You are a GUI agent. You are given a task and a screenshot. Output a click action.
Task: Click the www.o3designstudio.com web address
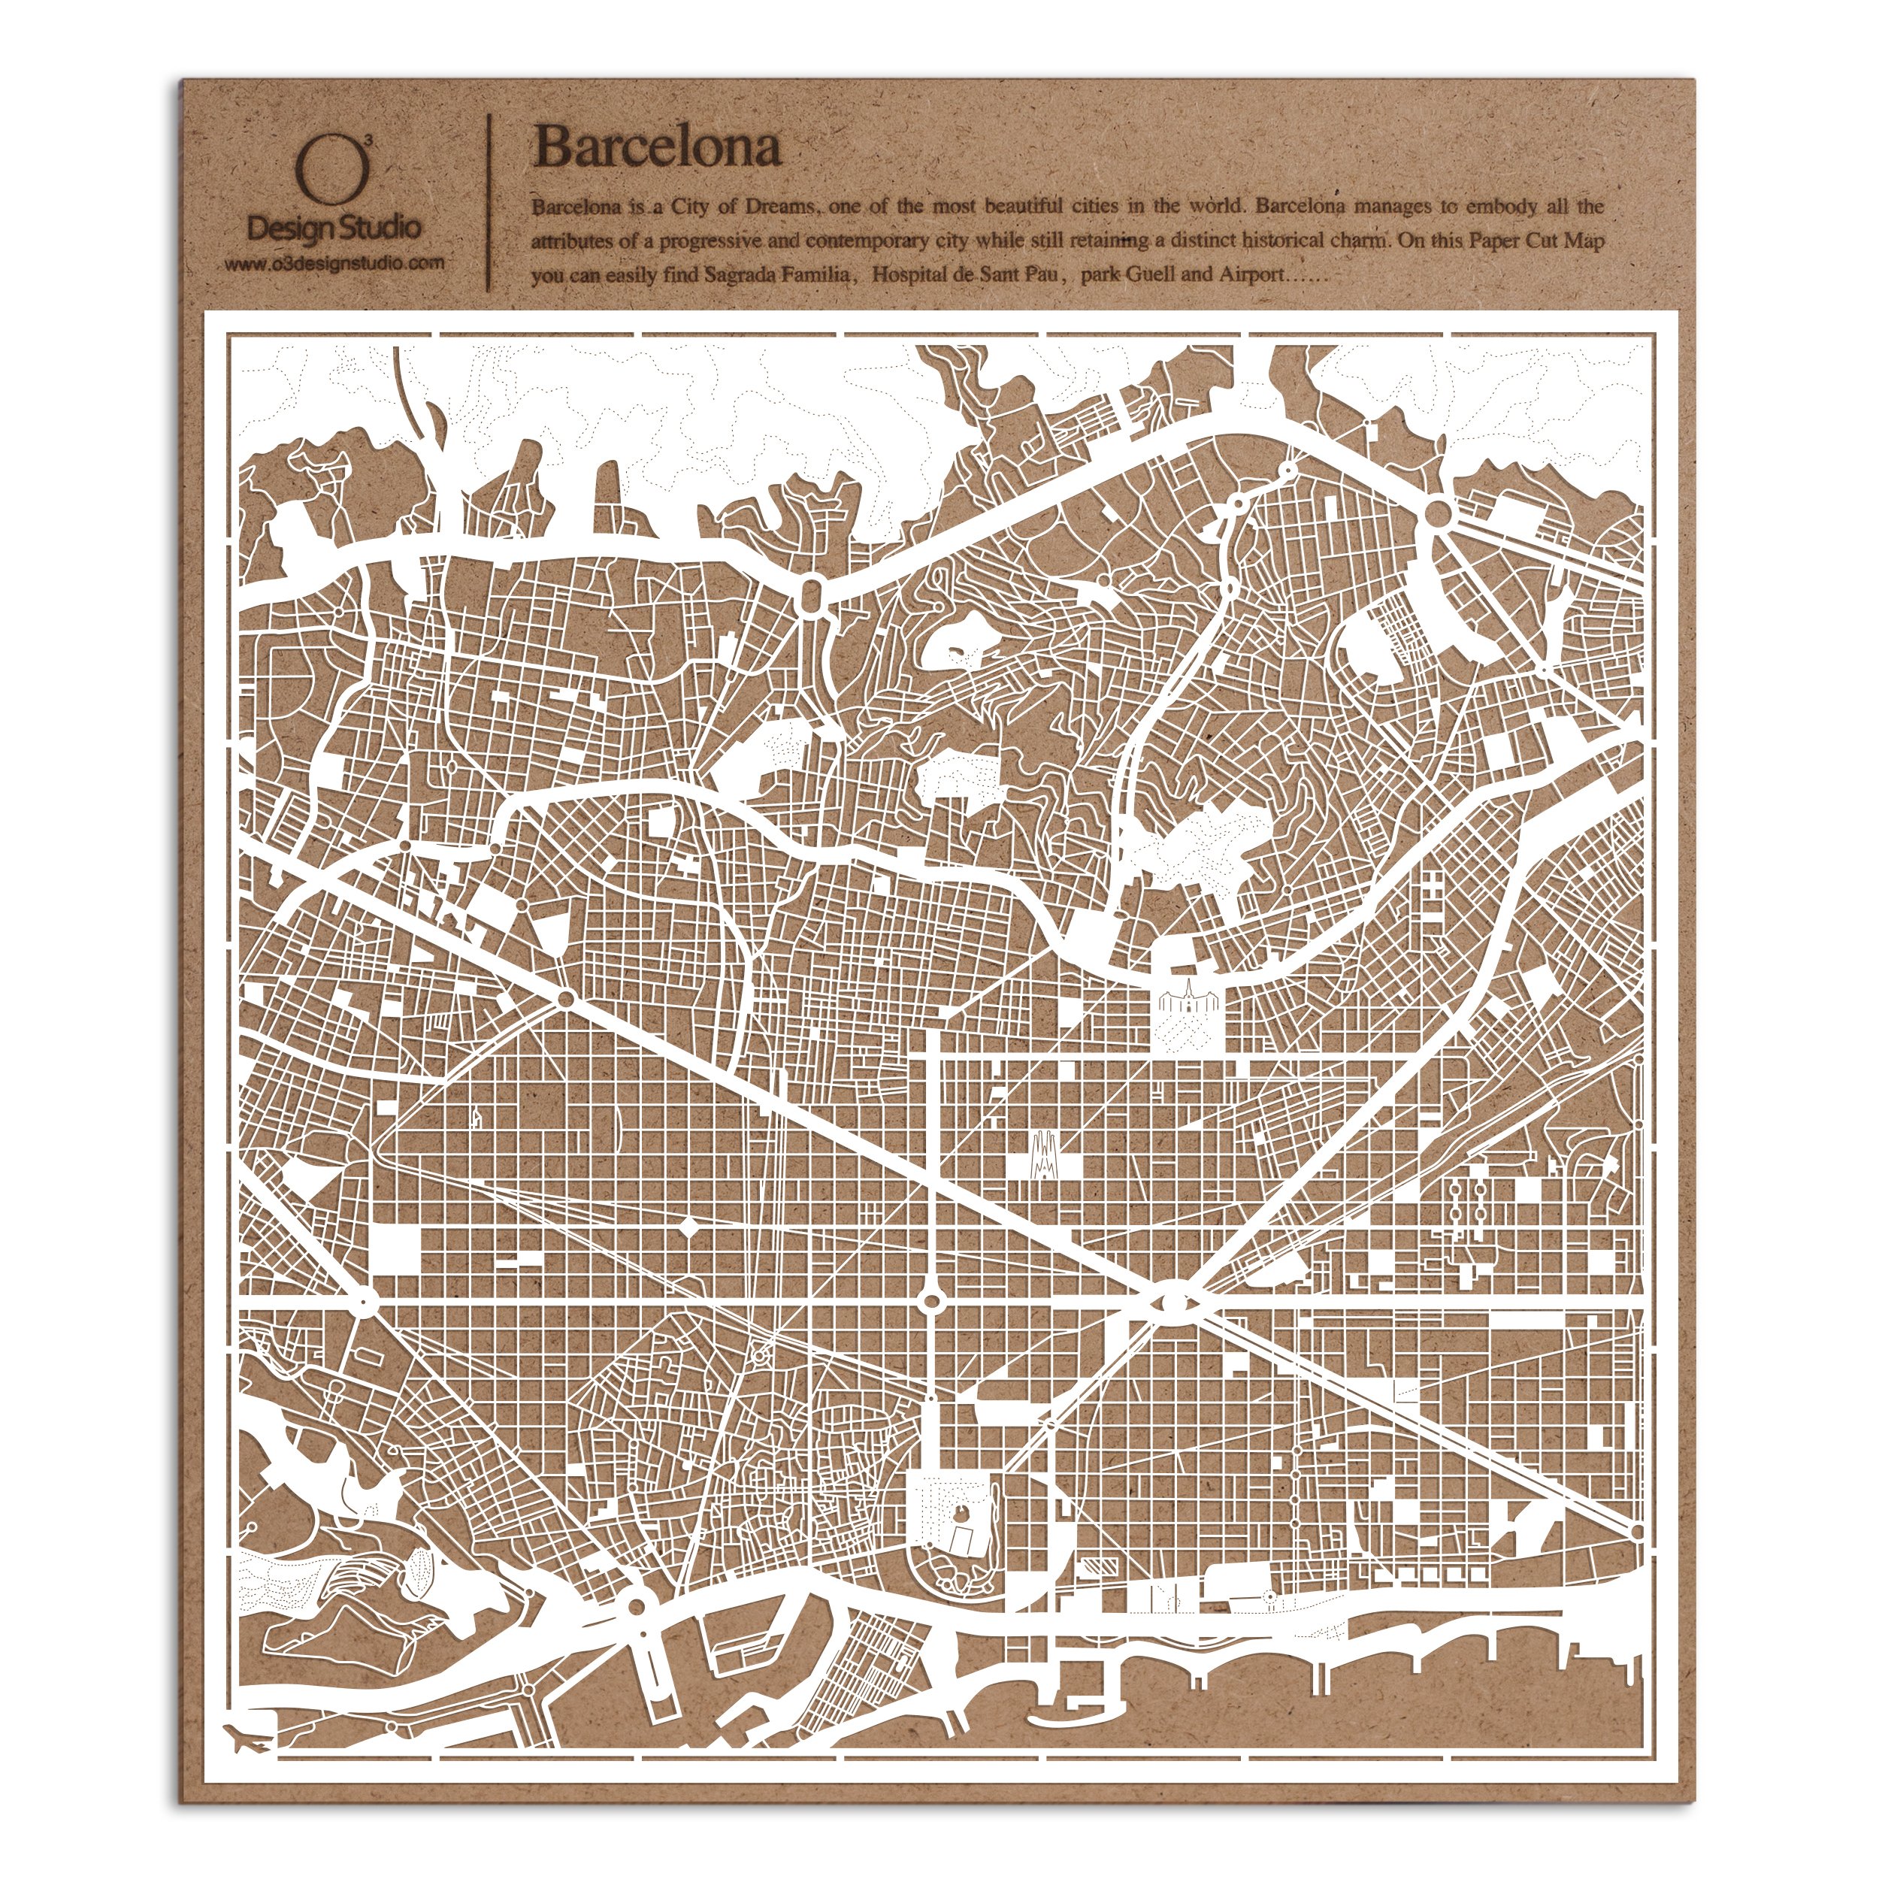click(x=334, y=262)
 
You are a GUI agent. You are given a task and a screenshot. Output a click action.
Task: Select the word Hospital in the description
click(x=909, y=275)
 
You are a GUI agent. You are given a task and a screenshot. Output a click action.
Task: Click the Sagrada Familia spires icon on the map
click(x=1042, y=1157)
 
